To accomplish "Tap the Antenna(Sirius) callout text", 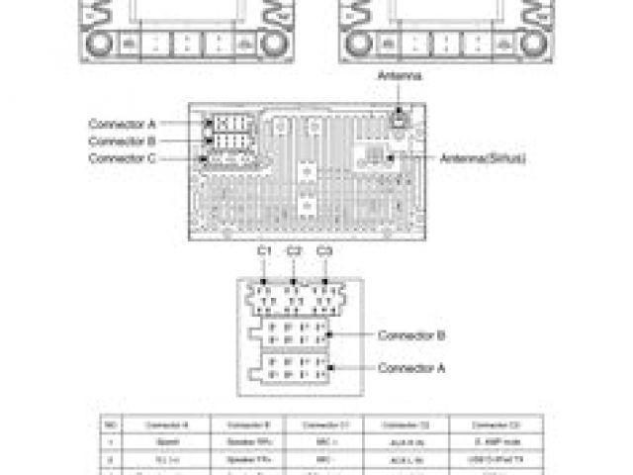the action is click(483, 158).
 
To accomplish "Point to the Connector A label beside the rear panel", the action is click(123, 125).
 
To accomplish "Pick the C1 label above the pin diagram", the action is click(264, 251).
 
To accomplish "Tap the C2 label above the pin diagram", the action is click(294, 251).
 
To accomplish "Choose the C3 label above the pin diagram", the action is click(323, 251).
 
